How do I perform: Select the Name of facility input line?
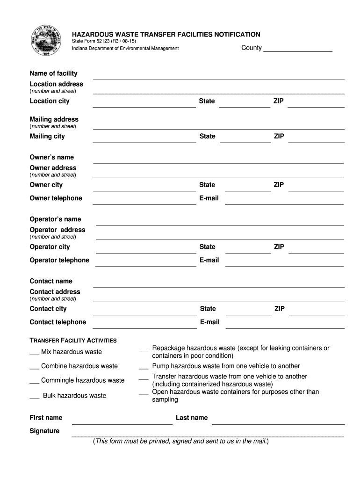click(218, 76)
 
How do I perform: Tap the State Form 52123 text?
click(104, 42)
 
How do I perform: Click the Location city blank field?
click(144, 104)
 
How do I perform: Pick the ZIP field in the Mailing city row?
click(316, 139)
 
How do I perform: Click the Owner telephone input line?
click(144, 201)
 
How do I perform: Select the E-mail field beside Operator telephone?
click(285, 263)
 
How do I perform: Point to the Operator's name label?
click(55, 219)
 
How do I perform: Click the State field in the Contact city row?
click(245, 312)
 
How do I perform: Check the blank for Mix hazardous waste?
click(35, 353)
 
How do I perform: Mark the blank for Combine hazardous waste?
click(35, 367)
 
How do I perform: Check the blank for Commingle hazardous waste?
click(35, 381)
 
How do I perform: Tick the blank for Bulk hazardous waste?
click(35, 397)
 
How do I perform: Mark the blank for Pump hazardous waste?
click(144, 367)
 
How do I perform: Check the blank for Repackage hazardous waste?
click(144, 349)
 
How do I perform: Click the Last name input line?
click(278, 421)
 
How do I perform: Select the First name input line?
click(122, 421)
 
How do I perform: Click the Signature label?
click(44, 431)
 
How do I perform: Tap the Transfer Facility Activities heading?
click(73, 341)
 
